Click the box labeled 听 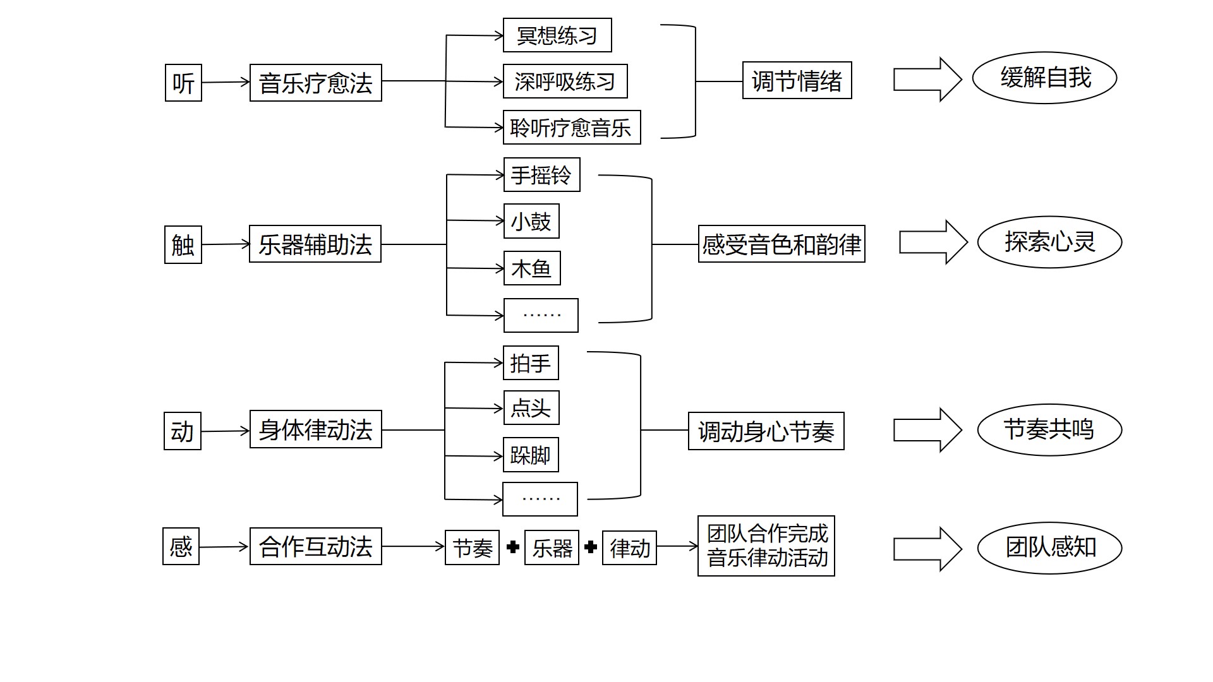click(183, 83)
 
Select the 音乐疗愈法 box click(315, 83)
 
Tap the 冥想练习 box click(557, 35)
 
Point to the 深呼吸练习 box click(565, 81)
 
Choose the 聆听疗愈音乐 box click(571, 128)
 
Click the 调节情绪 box click(797, 80)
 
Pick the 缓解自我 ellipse click(1044, 78)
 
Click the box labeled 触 click(183, 244)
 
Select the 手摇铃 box click(541, 175)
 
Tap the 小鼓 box click(531, 221)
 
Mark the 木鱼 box click(531, 268)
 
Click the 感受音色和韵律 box click(781, 244)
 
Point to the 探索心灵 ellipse click(1049, 242)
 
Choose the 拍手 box click(531, 363)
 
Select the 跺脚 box click(531, 455)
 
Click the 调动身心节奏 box click(766, 431)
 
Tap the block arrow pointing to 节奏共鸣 click(927, 430)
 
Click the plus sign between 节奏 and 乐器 click(513, 547)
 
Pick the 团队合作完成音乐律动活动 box click(766, 546)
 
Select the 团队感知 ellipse click(1049, 547)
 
